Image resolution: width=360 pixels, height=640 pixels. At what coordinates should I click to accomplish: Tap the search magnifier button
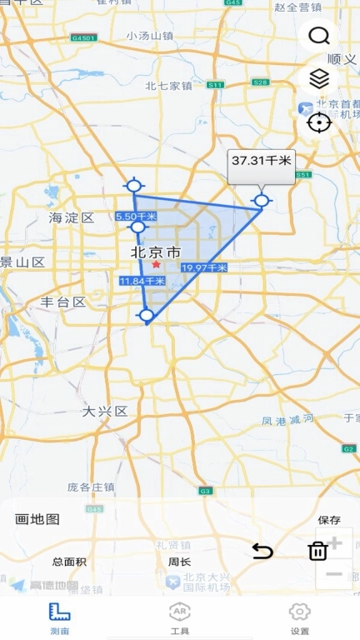tap(318, 36)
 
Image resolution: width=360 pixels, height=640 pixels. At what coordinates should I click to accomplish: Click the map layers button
tap(318, 79)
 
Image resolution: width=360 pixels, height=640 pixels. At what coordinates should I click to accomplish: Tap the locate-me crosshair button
tap(318, 122)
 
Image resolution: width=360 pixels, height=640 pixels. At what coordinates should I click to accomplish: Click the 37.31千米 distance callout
tap(262, 161)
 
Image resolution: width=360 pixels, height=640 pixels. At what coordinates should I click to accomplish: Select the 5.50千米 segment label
tap(136, 216)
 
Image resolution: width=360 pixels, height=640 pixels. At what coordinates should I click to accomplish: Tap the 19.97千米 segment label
tap(204, 267)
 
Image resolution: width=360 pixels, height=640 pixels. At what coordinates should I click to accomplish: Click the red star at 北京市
tap(156, 264)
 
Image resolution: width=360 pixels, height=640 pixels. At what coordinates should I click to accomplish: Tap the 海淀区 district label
tap(72, 218)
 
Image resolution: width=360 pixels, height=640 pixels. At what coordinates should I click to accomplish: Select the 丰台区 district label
tap(63, 302)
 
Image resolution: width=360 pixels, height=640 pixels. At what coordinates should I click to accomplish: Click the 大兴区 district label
tap(104, 411)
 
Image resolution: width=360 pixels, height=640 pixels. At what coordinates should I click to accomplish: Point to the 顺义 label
tap(342, 59)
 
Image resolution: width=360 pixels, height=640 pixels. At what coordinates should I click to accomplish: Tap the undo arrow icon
tap(262, 551)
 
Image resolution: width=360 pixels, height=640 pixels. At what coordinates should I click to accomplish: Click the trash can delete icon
tap(317, 551)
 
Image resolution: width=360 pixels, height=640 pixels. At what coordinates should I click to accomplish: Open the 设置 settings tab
tap(299, 618)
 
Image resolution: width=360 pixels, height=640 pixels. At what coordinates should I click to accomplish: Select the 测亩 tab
tap(59, 618)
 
